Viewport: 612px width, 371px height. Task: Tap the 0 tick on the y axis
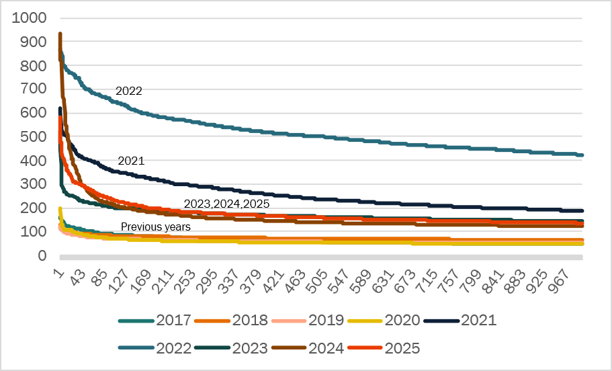43,256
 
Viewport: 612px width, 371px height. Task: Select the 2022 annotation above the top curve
128,91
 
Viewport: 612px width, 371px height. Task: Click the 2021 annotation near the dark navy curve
131,161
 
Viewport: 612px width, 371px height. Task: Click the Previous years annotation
156,227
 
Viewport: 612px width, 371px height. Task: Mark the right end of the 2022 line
582,155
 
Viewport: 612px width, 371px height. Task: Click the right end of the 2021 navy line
582,210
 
